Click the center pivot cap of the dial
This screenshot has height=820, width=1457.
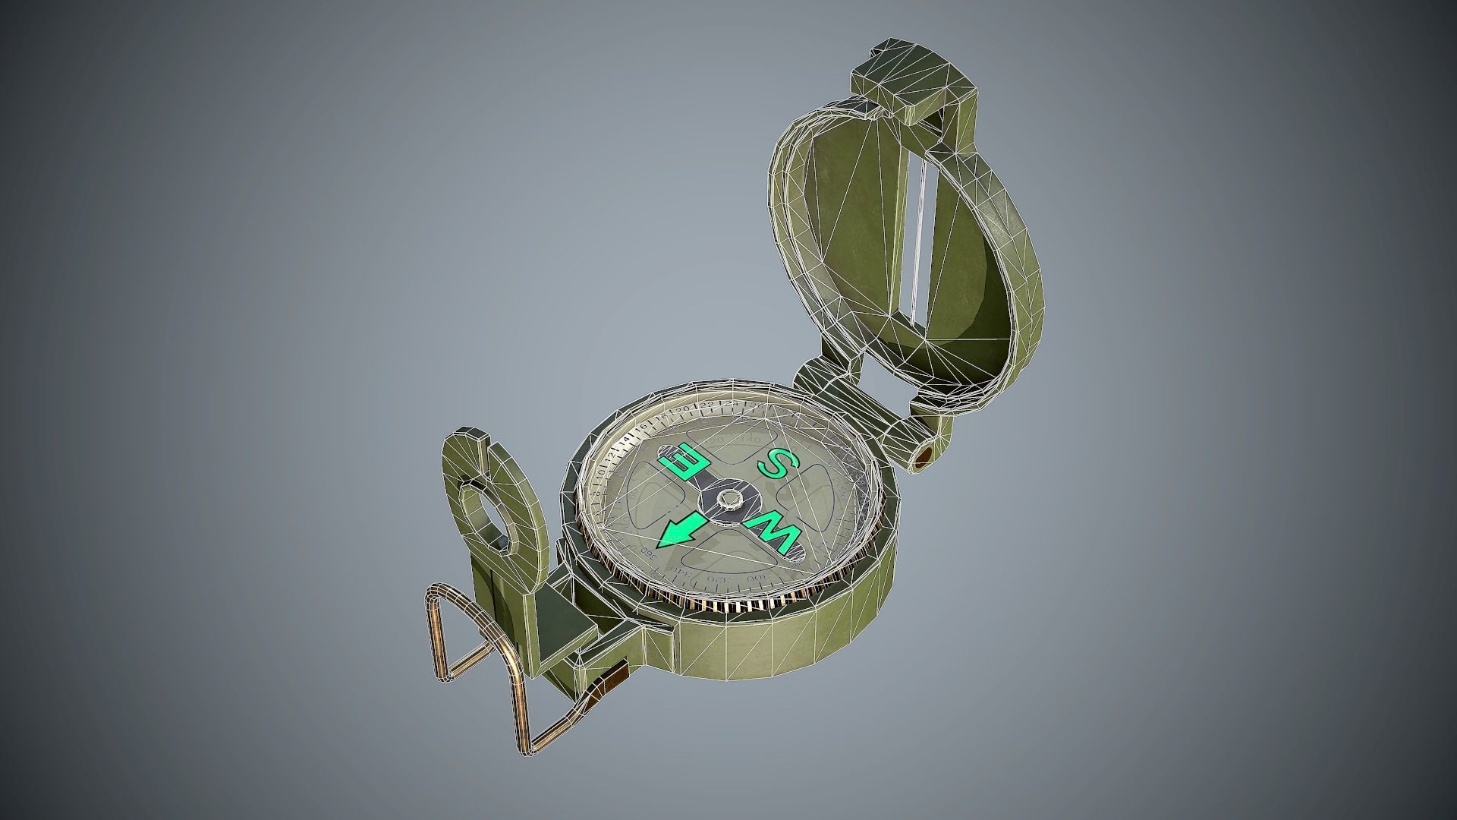coord(730,499)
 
